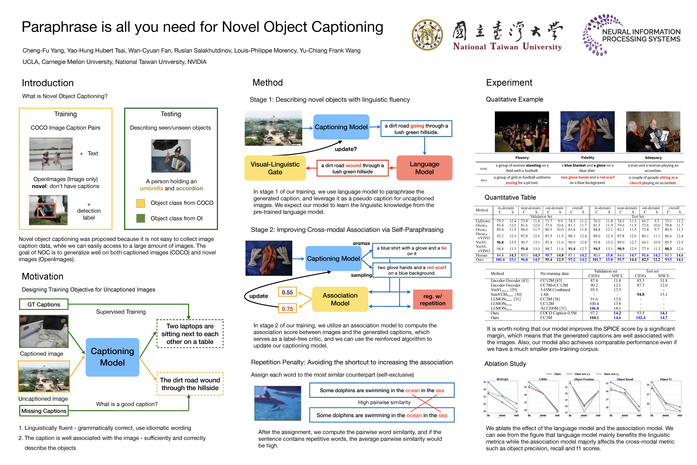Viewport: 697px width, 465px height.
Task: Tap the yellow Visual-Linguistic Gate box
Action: [275, 168]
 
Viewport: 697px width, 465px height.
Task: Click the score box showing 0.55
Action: [287, 292]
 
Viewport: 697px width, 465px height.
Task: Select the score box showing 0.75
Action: [287, 309]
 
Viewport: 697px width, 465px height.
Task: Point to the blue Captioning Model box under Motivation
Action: [112, 357]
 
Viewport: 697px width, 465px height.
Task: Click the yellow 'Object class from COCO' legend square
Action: [141, 203]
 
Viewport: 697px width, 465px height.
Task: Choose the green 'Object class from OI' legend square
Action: [141, 218]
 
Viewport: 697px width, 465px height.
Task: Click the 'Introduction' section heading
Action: [48, 83]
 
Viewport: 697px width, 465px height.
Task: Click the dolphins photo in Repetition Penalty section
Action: [278, 403]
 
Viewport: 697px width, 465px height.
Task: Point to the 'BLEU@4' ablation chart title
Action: [502, 379]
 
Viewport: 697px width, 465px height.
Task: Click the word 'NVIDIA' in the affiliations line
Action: [197, 62]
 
